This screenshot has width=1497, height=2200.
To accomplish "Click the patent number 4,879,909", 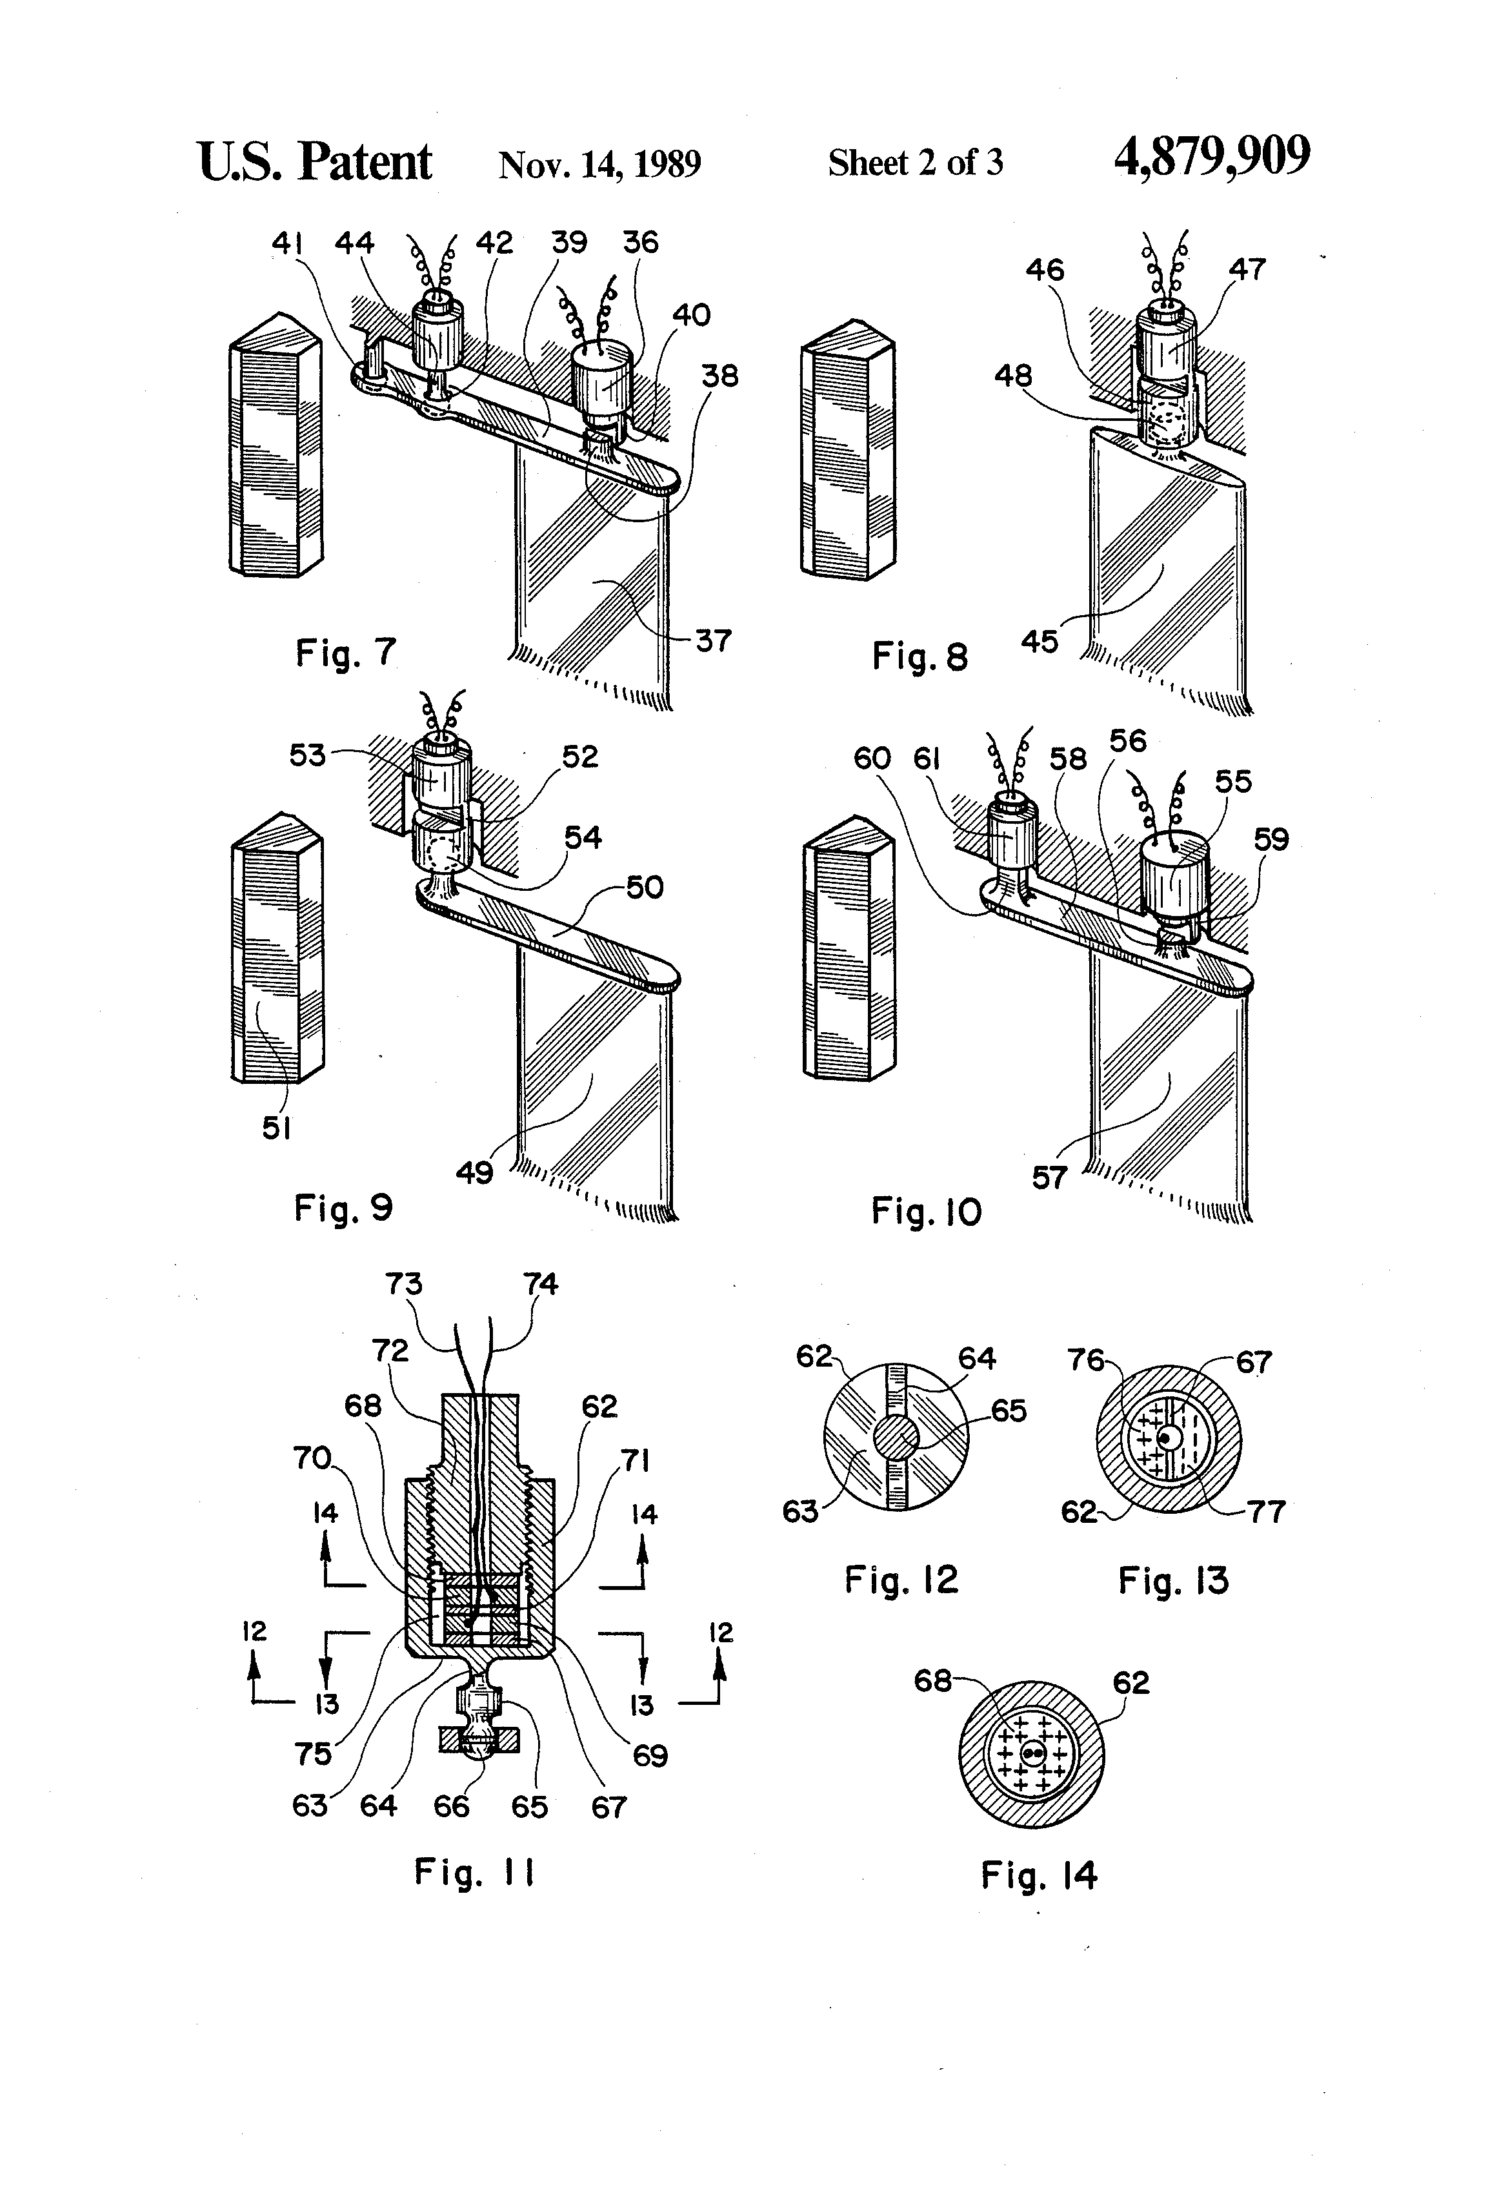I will click(1212, 157).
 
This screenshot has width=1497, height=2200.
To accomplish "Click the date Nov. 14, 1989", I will click(600, 165).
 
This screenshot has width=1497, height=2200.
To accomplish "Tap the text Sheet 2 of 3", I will click(915, 163).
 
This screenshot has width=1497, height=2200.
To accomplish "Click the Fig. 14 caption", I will click(1038, 1875).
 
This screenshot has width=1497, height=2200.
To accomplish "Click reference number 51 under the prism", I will click(276, 1128).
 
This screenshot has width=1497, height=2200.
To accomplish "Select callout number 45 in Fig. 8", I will click(1039, 642).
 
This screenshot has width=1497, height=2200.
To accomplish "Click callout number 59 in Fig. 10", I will click(1271, 840).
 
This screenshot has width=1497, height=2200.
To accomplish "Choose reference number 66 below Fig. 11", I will click(452, 1807).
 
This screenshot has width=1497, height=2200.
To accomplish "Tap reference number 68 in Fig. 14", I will click(932, 1681).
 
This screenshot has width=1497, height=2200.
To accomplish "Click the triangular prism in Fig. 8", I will click(847, 459).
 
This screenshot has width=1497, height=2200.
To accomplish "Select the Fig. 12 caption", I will click(901, 1580).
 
